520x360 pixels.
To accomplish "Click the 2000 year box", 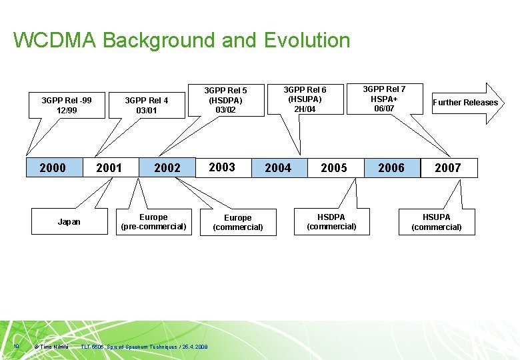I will (53, 168).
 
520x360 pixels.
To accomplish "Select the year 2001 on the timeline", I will (109, 168).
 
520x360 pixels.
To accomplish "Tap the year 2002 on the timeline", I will (167, 168).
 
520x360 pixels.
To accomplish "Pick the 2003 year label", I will (222, 167).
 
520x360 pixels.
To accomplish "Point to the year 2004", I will (278, 168).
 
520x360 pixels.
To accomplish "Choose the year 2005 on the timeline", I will (334, 168).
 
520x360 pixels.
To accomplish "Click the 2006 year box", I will (391, 168).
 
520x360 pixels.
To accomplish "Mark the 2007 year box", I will (448, 168).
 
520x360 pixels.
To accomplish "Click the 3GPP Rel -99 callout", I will (67, 105).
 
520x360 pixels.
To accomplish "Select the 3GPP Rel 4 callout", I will (147, 105).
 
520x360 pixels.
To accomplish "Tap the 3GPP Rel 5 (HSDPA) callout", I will (225, 99).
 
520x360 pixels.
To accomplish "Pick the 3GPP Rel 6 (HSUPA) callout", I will (305, 99).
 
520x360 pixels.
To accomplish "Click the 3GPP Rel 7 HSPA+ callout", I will (384, 98).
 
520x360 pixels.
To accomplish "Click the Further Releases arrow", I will (465, 103).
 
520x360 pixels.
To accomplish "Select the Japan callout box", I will (69, 222).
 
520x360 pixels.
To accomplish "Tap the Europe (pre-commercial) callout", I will (153, 222).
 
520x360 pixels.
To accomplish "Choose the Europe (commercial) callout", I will (238, 223).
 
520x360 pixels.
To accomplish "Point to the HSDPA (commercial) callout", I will (331, 222).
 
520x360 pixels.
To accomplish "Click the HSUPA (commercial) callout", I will (437, 222).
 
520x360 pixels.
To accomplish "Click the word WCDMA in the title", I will (55, 41).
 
